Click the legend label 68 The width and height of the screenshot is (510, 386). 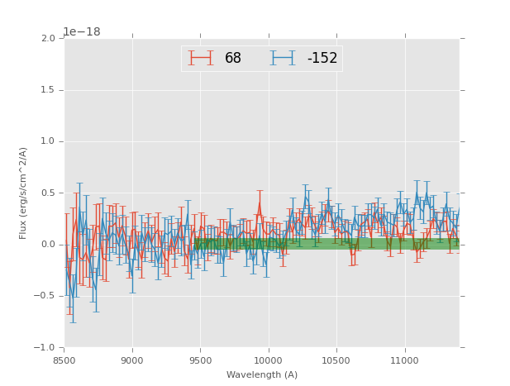[233, 59]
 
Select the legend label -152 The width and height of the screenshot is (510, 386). [322, 59]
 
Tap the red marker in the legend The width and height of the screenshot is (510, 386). [201, 58]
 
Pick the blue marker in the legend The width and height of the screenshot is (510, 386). [284, 58]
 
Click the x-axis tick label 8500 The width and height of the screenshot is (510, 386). [64, 360]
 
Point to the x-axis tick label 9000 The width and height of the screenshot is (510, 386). [132, 360]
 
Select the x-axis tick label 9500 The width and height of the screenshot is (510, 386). [200, 360]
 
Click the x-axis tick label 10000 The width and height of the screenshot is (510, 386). [268, 360]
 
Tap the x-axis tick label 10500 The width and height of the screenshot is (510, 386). [336, 360]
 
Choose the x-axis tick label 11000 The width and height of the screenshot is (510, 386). [404, 360]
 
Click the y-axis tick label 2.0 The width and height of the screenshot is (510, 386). [48, 39]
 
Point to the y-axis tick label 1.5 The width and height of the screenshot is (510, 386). [48, 90]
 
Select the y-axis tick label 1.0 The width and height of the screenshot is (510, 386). [48, 141]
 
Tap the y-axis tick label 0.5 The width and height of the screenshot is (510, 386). [48, 193]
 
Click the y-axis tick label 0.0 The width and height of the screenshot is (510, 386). [48, 245]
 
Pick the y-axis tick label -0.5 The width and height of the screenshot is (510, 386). [45, 296]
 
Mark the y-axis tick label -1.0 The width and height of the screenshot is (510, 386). [45, 348]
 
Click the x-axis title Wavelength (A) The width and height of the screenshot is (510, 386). [262, 374]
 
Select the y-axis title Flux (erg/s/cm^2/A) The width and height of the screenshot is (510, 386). [24, 193]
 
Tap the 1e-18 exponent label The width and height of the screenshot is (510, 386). [81, 32]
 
